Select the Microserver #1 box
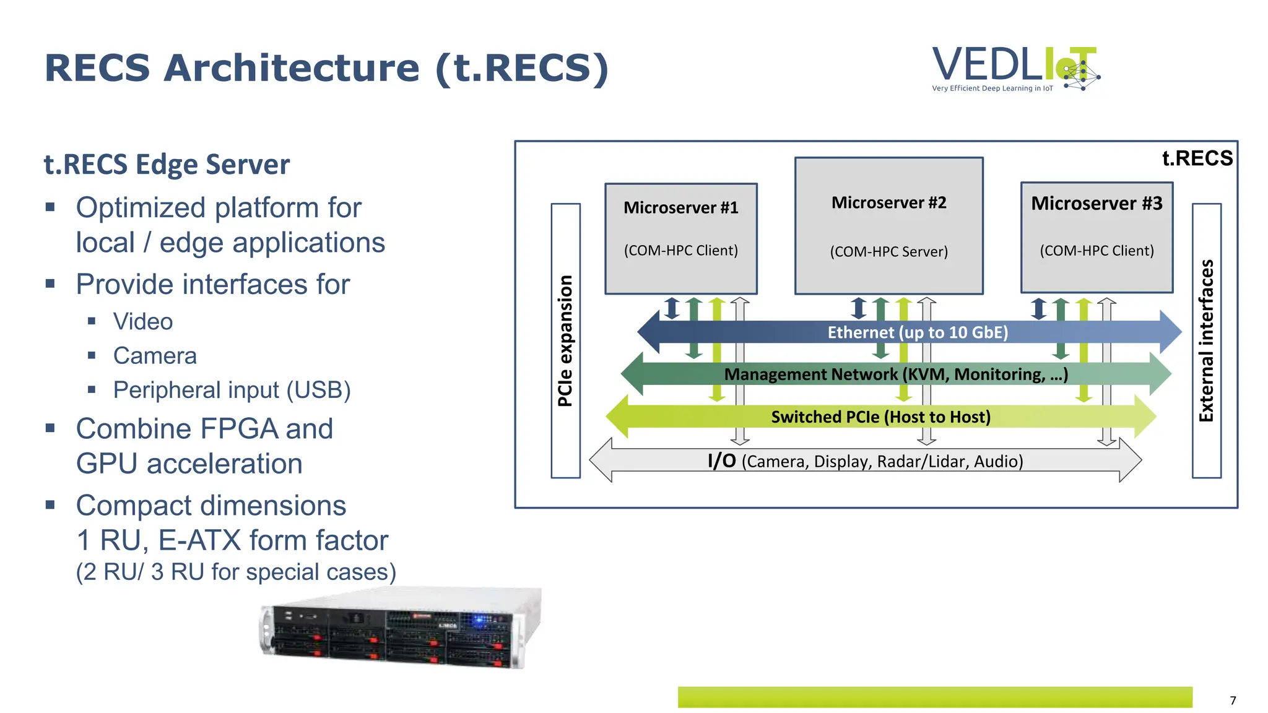coord(680,238)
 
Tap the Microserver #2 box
coord(888,225)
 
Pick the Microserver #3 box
coord(1096,236)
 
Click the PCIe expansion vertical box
coord(565,340)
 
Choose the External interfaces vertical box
coord(1206,340)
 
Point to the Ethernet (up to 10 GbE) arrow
coord(917,332)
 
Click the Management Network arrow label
coord(895,374)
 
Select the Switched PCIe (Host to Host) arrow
coord(880,417)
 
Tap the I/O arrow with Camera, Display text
coord(865,461)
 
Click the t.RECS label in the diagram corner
coord(1197,158)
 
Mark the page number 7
coord(1233,700)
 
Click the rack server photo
coord(401,628)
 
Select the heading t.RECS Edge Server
coord(167,165)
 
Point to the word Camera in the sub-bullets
coord(155,356)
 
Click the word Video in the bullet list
coord(143,322)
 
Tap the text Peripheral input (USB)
coord(232,390)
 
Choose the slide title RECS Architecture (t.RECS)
coord(326,67)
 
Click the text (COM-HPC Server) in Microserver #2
coord(888,251)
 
